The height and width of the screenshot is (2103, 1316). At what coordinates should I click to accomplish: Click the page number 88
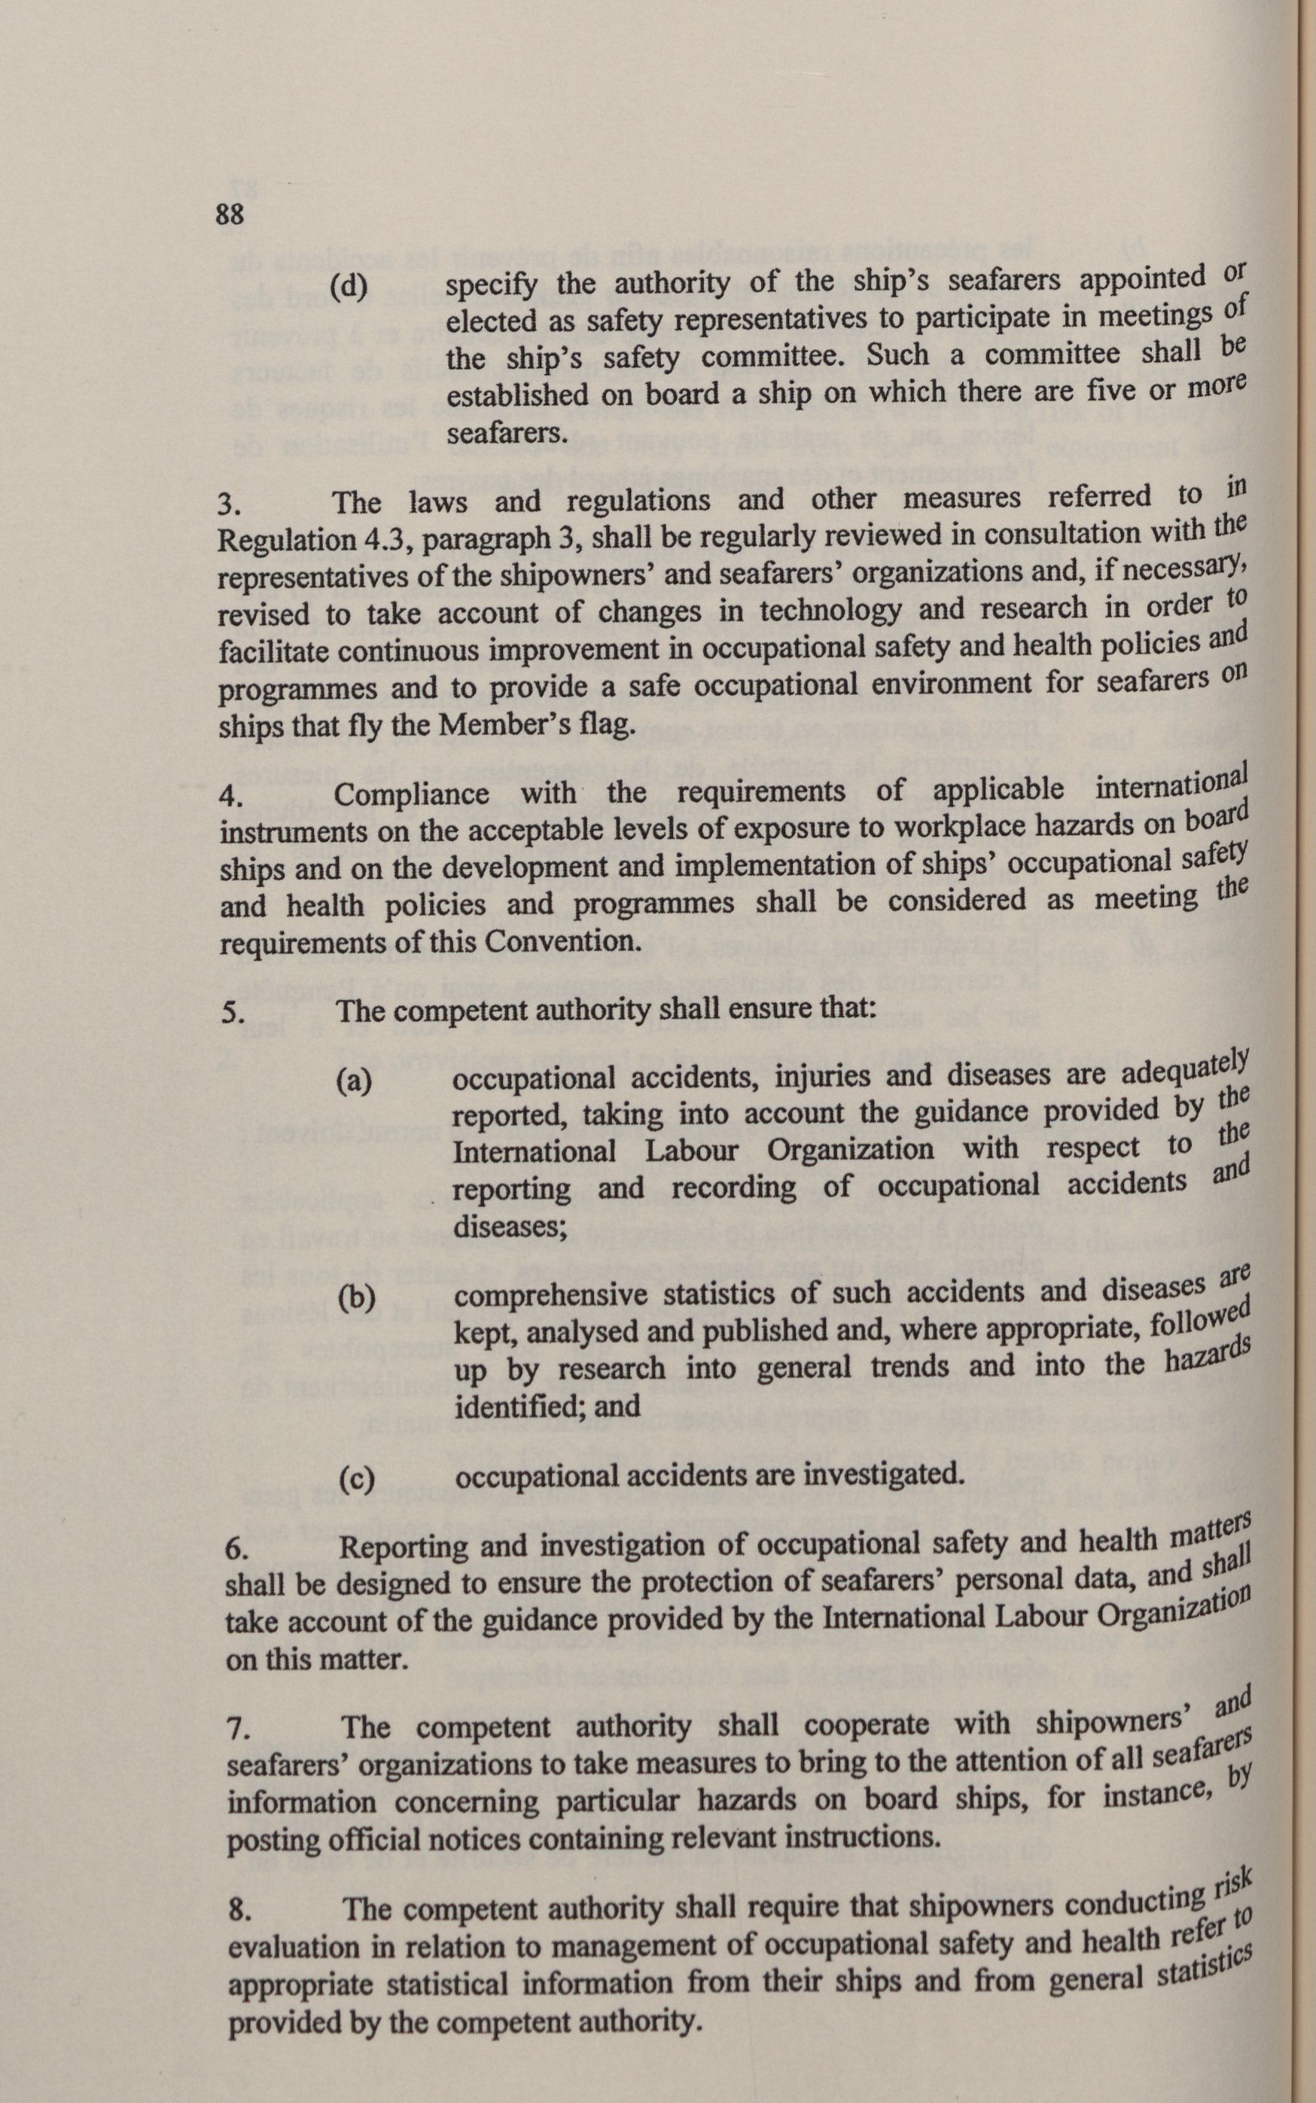pos(230,214)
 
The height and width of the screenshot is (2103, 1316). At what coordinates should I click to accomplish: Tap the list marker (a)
pos(353,1082)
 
